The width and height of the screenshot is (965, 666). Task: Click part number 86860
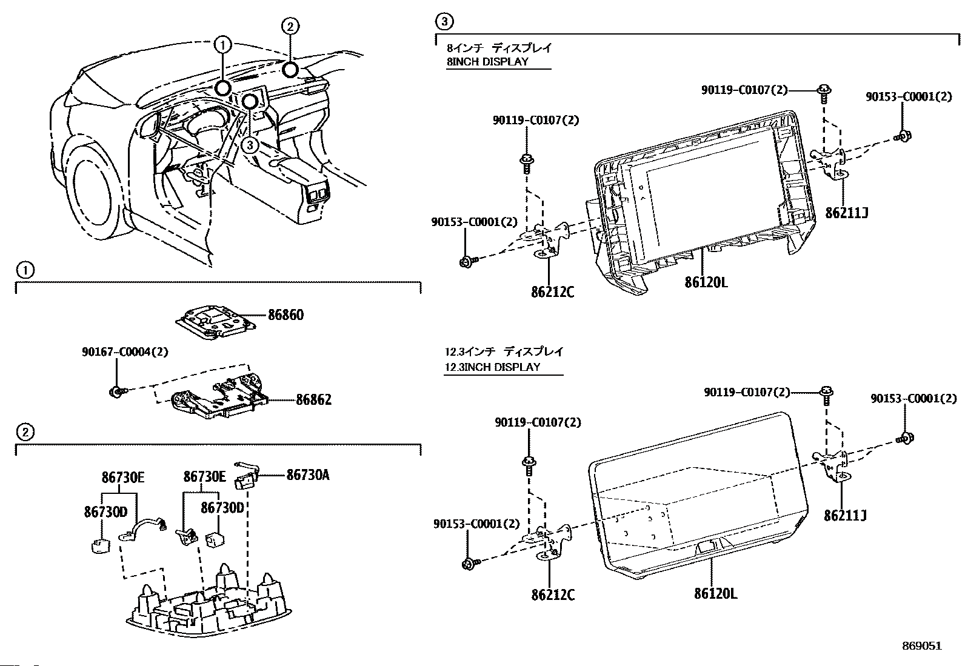point(285,315)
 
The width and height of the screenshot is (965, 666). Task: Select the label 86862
point(313,400)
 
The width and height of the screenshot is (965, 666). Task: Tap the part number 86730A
point(307,475)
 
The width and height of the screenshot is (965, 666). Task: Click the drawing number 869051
point(921,646)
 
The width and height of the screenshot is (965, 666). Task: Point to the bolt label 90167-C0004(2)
point(125,351)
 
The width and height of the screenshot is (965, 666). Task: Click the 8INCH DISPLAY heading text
point(487,61)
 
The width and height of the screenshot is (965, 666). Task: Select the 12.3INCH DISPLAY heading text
point(492,367)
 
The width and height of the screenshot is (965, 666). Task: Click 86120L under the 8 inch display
point(706,282)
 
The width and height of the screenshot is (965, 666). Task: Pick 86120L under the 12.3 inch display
point(716,594)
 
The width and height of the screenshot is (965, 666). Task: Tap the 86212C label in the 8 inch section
point(552,292)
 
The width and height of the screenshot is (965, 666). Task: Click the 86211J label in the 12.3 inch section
point(845,516)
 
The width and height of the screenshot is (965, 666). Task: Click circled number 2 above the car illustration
point(290,26)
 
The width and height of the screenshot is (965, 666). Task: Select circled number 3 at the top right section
point(444,22)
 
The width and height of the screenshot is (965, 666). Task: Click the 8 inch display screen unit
point(703,200)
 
